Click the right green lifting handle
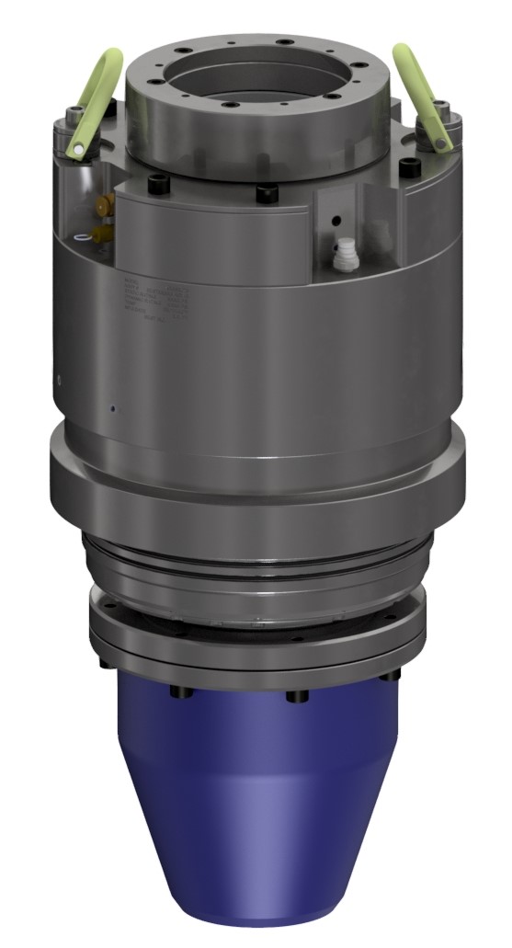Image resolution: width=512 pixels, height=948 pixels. [x=422, y=92]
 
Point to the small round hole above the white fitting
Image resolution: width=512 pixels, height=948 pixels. [x=337, y=220]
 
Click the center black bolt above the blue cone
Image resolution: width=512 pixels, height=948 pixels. [x=296, y=696]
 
